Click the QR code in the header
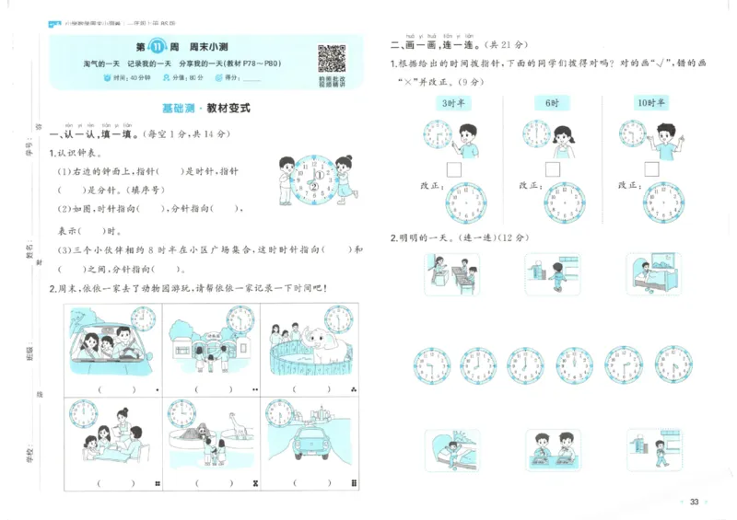[332, 59]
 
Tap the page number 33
[695, 501]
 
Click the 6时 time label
[552, 102]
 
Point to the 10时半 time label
[651, 102]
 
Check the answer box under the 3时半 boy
[453, 169]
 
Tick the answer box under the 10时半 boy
[651, 169]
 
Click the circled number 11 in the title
[158, 47]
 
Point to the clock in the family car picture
[143, 319]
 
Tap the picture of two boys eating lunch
[553, 448]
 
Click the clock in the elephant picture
[338, 319]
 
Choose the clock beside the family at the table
[84, 413]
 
